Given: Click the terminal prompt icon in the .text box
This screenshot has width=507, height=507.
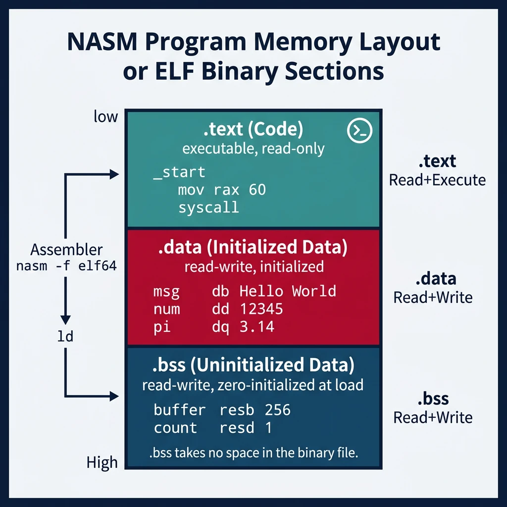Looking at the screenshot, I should tap(359, 130).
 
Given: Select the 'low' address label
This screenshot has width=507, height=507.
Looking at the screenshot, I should tap(106, 117).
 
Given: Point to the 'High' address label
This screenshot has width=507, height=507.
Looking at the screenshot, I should tap(102, 462).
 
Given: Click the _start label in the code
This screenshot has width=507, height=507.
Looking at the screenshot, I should tap(179, 172).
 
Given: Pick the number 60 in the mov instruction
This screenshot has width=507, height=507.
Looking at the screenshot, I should tap(257, 190).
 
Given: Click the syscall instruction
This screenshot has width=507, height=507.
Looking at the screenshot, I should tap(208, 207).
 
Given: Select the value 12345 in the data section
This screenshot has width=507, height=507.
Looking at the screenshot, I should tap(261, 309).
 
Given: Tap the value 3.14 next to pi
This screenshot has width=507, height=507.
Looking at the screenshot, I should tap(257, 327).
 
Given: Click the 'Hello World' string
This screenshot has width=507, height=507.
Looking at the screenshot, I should tap(288, 291).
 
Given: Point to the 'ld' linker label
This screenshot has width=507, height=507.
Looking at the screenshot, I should tap(65, 337).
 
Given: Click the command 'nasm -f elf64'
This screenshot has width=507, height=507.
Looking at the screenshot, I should tap(66, 266).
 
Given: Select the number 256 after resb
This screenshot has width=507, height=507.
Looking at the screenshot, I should tap(277, 410).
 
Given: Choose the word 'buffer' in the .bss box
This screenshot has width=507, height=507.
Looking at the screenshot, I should tap(179, 410).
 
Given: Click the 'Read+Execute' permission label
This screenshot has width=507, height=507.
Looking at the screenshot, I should tap(437, 180).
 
